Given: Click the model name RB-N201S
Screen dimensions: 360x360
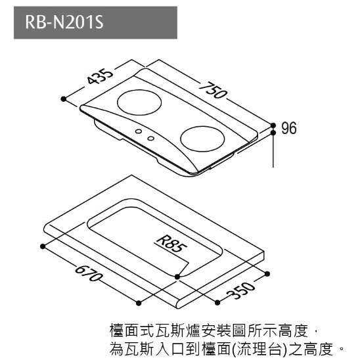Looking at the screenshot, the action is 64,22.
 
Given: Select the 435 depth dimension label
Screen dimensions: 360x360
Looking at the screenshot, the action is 100,76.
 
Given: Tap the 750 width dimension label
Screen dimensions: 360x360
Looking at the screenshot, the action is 213,90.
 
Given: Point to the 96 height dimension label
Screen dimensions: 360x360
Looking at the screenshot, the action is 289,128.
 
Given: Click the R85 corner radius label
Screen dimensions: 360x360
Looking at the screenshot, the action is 171,244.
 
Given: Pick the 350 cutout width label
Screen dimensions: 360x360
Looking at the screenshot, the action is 240,291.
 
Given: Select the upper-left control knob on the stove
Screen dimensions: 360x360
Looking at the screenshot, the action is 139,131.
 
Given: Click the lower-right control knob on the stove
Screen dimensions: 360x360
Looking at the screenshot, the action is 150,138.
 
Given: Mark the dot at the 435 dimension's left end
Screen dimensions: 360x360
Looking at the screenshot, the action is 64,99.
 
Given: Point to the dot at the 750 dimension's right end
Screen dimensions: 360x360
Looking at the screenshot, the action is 273,125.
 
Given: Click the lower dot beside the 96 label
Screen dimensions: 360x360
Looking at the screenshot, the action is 273,133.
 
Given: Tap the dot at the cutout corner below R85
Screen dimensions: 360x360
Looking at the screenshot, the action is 177,277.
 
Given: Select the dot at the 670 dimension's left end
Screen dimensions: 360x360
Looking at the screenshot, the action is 43,246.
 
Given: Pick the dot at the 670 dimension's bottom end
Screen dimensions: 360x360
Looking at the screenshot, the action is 139,304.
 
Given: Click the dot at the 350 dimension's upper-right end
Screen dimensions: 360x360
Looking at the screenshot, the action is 267,274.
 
